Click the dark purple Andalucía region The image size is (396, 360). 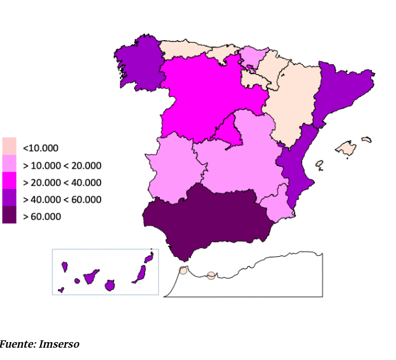tap(204, 216)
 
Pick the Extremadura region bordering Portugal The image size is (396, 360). tap(173, 167)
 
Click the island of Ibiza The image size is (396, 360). tap(319, 164)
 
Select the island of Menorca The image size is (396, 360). tap(367, 140)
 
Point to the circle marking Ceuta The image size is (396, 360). tap(183, 270)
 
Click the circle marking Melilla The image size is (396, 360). tap(211, 275)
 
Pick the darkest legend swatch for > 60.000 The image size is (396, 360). tap(9, 216)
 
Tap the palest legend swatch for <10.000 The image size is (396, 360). tap(9, 146)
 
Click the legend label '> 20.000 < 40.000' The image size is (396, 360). tap(62, 182)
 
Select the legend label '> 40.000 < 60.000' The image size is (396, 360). tap(62, 199)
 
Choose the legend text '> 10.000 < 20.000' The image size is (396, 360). tap(62, 165)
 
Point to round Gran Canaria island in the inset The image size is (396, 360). tap(110, 285)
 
